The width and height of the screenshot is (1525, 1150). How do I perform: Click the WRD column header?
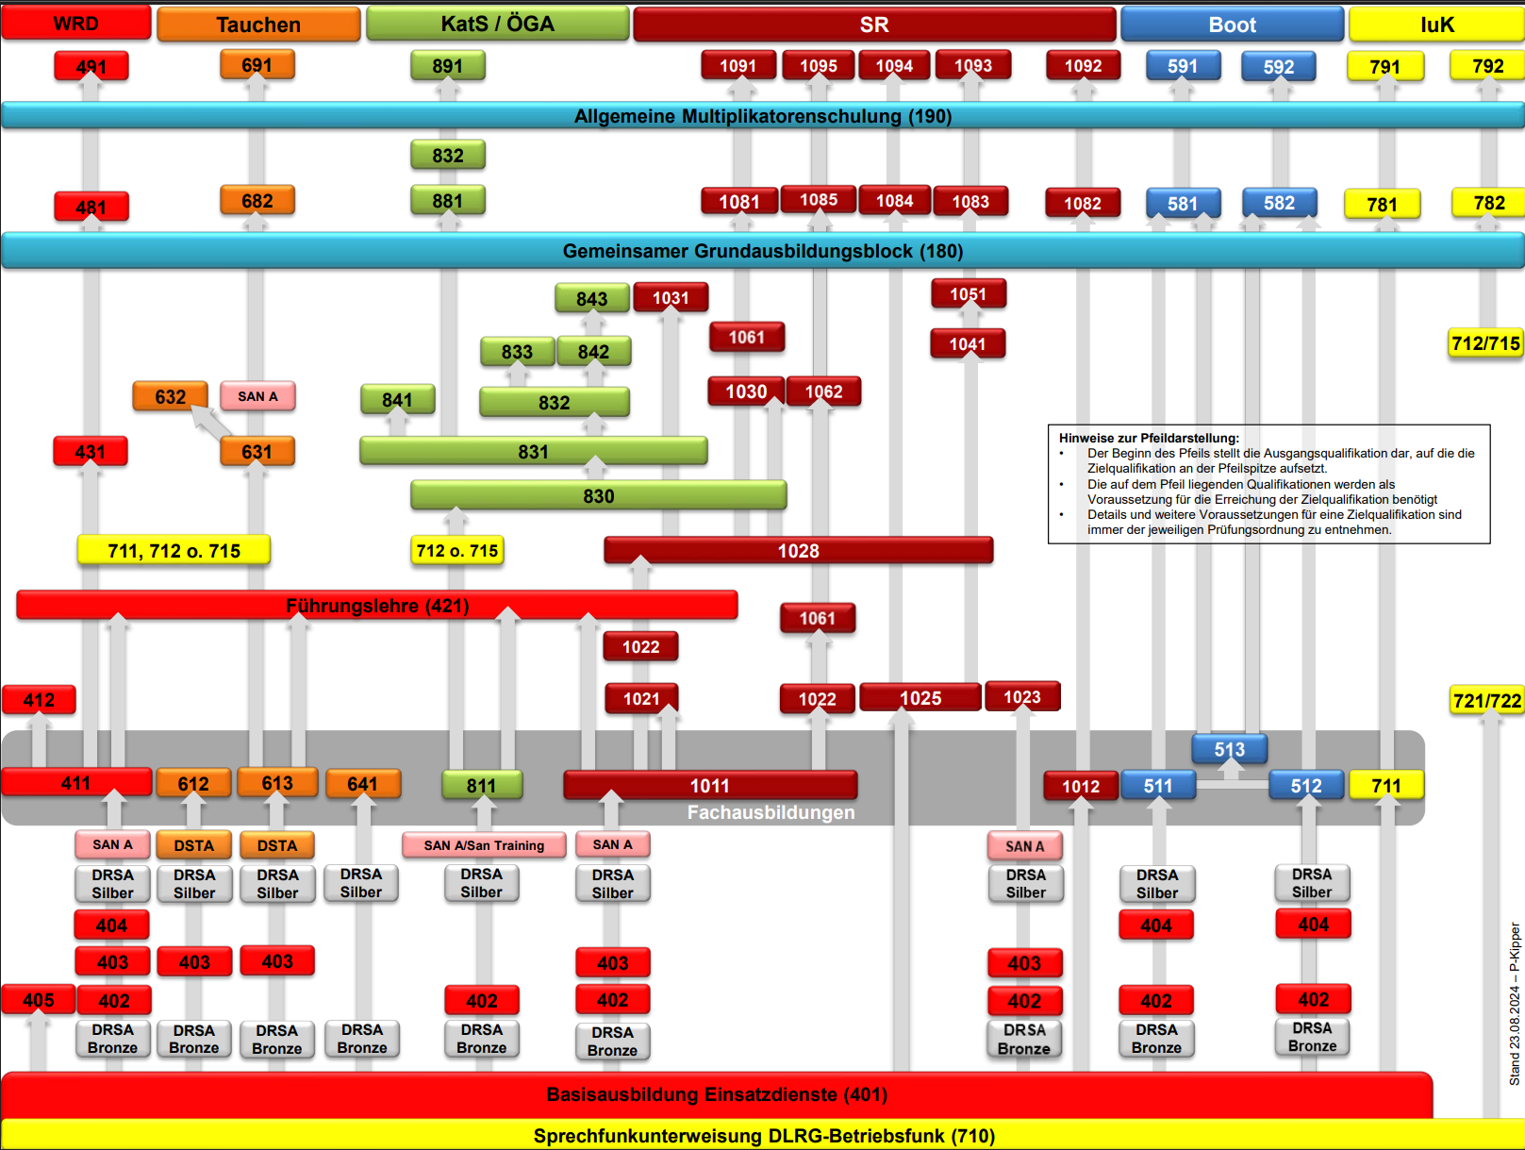click(x=75, y=24)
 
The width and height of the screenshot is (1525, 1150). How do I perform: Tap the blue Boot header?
click(x=1232, y=25)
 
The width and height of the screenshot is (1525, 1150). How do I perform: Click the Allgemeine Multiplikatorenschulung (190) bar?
click(x=763, y=116)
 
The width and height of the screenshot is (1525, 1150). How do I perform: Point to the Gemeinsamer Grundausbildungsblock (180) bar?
click(x=763, y=251)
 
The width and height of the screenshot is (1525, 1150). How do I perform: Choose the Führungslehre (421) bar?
click(x=377, y=606)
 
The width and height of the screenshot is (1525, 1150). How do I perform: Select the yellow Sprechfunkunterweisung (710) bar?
click(x=763, y=1136)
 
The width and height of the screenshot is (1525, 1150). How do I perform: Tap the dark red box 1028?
click(x=798, y=550)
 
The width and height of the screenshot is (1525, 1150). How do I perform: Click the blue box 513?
click(x=1229, y=749)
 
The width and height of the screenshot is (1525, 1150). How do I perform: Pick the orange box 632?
click(x=170, y=396)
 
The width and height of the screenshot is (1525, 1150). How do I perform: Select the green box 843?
click(x=592, y=298)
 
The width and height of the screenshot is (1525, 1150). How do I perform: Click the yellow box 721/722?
click(x=1486, y=700)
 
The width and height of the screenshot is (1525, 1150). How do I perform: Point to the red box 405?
click(x=39, y=1000)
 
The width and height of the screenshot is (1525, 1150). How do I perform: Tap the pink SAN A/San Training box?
click(x=484, y=845)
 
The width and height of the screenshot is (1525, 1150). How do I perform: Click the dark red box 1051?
click(x=969, y=294)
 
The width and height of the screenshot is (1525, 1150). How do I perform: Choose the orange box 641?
click(x=363, y=784)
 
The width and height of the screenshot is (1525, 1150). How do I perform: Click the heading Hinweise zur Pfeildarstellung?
click(x=1149, y=439)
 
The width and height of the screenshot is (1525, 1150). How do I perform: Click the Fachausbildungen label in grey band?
click(x=771, y=812)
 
